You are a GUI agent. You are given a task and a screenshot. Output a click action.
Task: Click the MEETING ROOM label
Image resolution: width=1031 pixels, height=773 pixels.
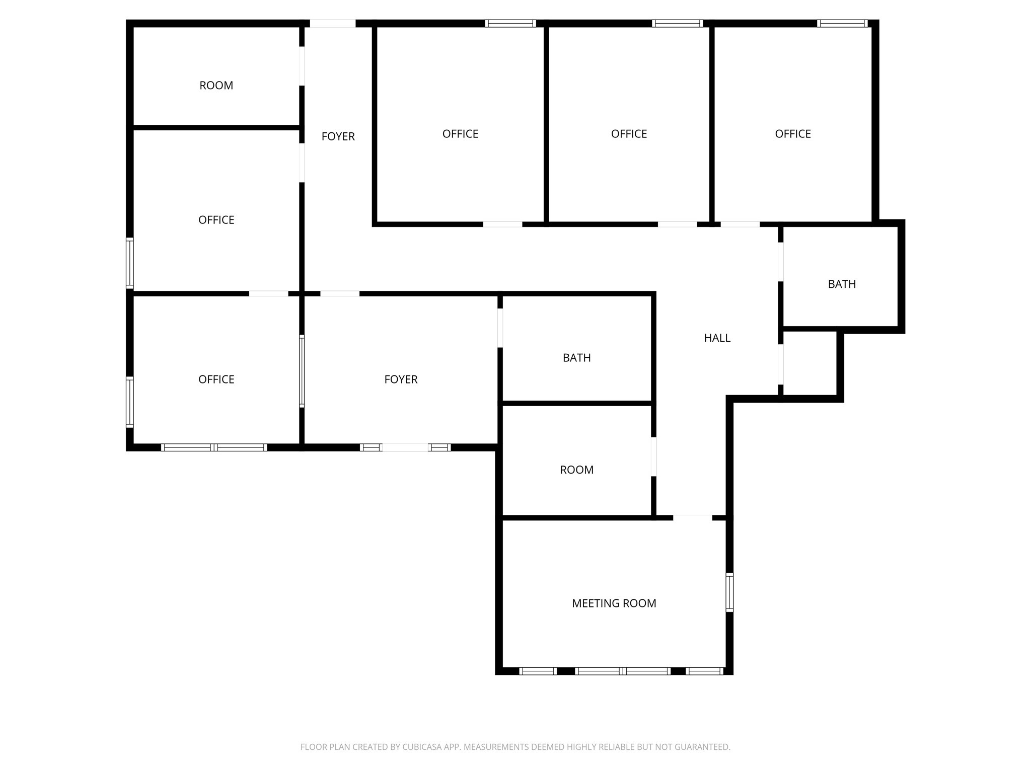pos(614,603)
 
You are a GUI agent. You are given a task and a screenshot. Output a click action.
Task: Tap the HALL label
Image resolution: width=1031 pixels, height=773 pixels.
pos(717,338)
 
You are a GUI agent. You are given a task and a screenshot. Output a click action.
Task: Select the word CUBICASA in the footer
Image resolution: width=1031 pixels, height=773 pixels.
pos(422,747)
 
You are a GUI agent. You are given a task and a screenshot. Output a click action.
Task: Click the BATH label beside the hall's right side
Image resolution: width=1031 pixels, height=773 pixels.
pos(842,284)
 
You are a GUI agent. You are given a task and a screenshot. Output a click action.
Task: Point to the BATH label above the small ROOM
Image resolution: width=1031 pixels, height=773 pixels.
pos(576,357)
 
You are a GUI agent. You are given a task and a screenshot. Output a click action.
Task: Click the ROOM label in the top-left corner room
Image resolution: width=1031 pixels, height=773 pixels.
pos(216,86)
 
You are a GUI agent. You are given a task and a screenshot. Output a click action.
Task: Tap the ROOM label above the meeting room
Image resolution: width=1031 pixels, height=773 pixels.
pos(576,470)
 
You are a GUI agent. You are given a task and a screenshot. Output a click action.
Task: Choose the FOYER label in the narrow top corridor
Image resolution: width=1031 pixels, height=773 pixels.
pos(338,136)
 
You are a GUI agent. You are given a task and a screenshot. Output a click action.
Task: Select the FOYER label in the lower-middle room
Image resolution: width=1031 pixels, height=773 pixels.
pos(401,379)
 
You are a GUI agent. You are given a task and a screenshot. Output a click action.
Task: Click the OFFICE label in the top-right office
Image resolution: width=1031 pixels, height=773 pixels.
pos(792,134)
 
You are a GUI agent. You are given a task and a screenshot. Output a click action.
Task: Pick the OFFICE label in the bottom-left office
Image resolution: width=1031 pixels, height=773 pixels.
pos(216,379)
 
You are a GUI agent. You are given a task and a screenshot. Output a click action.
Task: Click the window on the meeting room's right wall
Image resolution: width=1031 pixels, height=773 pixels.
pos(729,592)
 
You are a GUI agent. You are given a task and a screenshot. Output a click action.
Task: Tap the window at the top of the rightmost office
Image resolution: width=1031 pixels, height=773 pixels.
pos(842,23)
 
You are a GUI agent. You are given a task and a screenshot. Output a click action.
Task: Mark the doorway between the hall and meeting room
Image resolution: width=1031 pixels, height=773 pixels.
pos(693,517)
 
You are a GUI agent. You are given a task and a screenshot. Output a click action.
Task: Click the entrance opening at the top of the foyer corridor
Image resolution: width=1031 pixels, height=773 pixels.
pos(332,23)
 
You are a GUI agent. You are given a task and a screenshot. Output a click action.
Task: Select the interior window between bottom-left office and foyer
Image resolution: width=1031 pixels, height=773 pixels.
pos(302,371)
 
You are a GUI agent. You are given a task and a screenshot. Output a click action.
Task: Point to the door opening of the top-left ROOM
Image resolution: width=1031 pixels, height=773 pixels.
pos(302,66)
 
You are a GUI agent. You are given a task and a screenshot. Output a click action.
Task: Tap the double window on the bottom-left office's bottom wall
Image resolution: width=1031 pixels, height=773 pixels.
pos(214,447)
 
